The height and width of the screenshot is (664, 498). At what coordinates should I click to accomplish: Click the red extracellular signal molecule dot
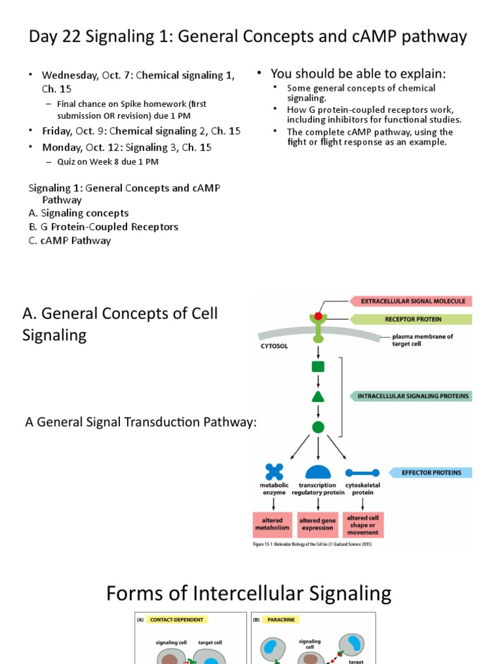pos(318,315)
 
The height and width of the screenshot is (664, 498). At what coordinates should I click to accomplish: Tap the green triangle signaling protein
pos(318,396)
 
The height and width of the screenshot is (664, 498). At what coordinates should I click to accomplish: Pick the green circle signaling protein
pos(318,427)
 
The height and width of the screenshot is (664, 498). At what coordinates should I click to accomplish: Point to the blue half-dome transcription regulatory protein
pos(318,472)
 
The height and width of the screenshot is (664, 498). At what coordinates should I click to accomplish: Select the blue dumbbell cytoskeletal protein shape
pos(362,473)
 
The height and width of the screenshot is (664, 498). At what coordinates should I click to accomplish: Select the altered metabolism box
pos(273,524)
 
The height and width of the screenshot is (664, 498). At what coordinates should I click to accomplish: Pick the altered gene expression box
pos(318,524)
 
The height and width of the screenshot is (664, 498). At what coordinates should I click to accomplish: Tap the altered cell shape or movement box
pos(362,524)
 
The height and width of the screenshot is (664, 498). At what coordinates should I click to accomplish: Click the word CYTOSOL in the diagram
pos(275,346)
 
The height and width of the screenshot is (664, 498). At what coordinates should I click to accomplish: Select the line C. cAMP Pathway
pos(69,241)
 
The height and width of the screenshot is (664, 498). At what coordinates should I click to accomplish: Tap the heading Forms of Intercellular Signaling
pos(248,593)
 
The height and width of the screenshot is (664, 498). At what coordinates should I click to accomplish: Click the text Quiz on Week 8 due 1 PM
pos(108,161)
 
